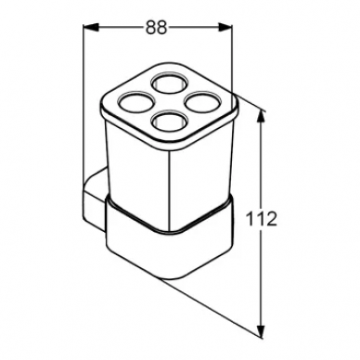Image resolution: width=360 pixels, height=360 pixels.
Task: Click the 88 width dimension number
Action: point(156,27)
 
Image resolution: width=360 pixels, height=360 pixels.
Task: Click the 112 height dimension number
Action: point(261,219)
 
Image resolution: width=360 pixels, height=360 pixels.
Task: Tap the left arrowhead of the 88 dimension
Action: point(92,27)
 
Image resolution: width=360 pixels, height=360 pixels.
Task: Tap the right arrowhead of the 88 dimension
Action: point(224,27)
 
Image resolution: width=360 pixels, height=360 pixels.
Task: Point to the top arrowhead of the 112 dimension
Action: point(262,118)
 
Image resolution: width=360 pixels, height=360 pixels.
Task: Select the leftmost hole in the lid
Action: point(135,102)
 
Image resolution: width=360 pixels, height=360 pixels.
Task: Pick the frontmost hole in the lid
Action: point(169,121)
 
